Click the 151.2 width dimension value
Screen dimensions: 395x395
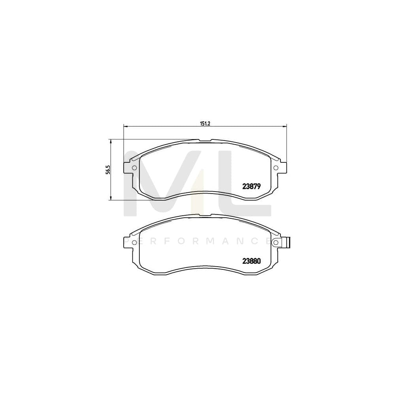tap(204, 123)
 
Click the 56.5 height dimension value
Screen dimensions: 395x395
tap(107, 169)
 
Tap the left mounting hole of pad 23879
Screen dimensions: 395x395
tap(134, 168)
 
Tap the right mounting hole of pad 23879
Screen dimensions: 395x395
tap(276, 168)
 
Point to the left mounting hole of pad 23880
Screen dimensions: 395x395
tap(134, 242)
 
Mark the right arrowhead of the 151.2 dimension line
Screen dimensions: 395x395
tap(285, 126)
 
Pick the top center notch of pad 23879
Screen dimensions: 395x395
tap(205, 140)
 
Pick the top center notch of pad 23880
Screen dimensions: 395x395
tap(205, 215)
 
